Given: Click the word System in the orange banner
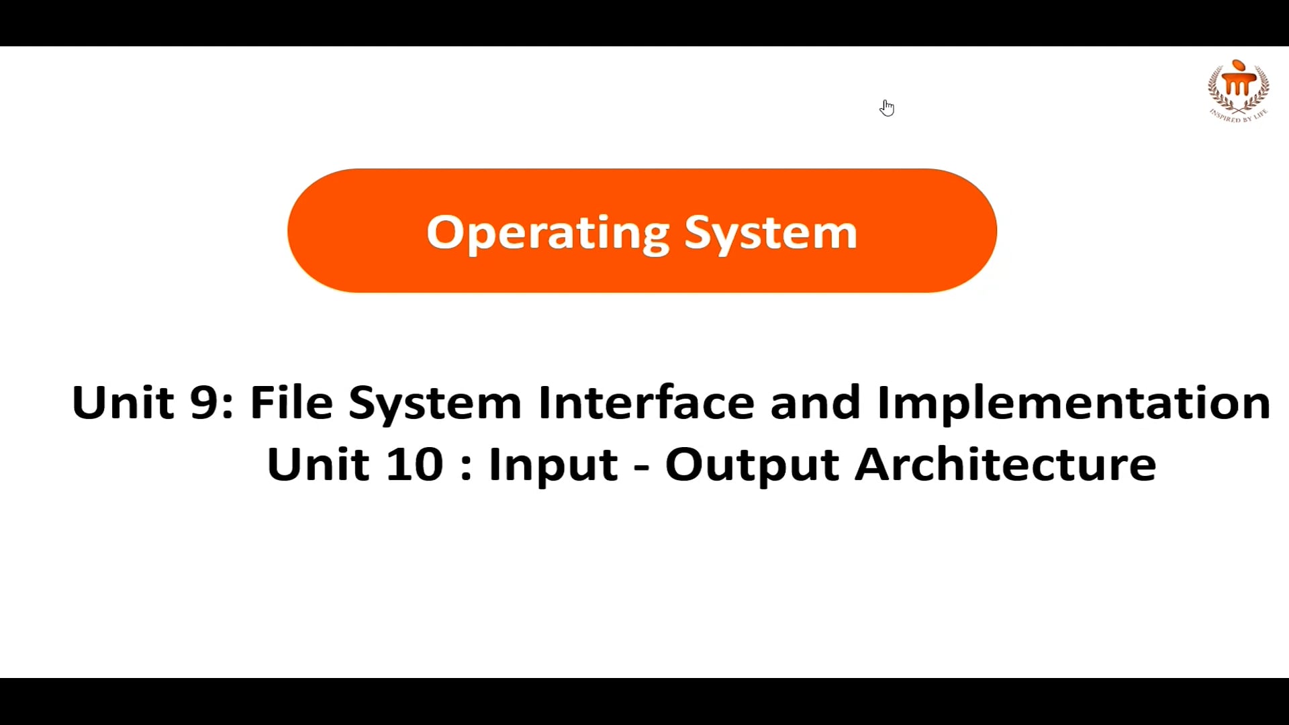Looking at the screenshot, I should coord(771,233).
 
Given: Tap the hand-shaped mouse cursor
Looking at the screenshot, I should coord(887,107).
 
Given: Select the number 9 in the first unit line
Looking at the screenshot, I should coord(203,403).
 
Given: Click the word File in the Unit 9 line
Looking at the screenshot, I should coord(291,403).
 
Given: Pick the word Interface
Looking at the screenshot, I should coord(646,403).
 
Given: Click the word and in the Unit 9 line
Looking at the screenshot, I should coord(815,403).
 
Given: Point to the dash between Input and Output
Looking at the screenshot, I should coord(642,467).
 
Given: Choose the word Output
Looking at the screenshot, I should coord(752,465).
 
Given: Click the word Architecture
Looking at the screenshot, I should coord(1005,465).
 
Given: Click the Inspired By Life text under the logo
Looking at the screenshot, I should coord(1239,116).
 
